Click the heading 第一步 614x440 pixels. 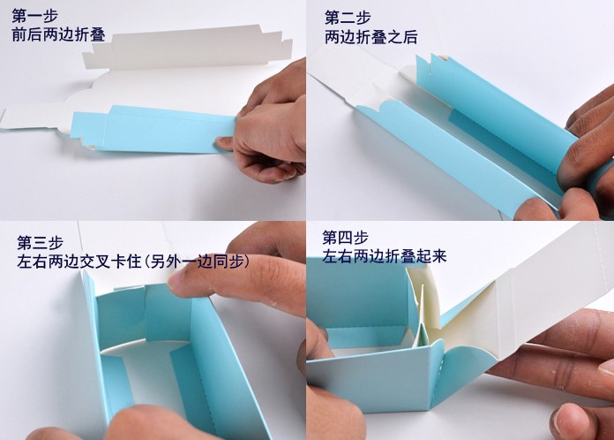click(x=35, y=16)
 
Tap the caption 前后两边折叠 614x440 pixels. click(x=58, y=34)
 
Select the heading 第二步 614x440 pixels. click(x=348, y=18)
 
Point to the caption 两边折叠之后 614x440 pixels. click(x=371, y=37)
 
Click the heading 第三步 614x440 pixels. click(x=41, y=243)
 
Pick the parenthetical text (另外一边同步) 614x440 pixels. click(x=196, y=262)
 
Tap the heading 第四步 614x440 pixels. click(x=346, y=238)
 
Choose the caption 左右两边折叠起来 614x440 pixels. click(x=385, y=256)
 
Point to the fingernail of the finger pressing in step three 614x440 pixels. click(x=178, y=283)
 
